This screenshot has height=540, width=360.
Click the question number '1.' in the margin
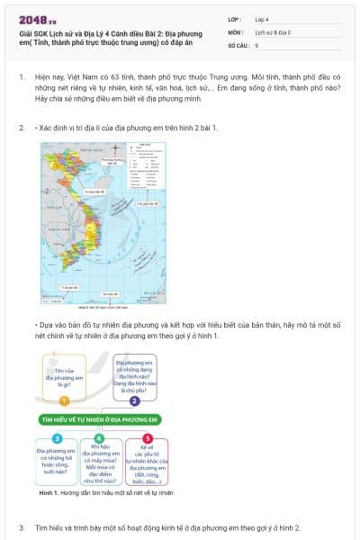22,78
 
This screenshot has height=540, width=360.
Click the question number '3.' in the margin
22,526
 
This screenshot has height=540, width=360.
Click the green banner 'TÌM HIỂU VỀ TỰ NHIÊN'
99,419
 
